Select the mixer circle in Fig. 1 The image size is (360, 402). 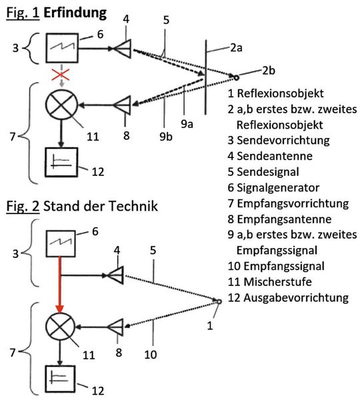61,105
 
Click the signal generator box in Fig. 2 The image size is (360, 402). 60,244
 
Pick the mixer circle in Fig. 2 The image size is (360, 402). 61,328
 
